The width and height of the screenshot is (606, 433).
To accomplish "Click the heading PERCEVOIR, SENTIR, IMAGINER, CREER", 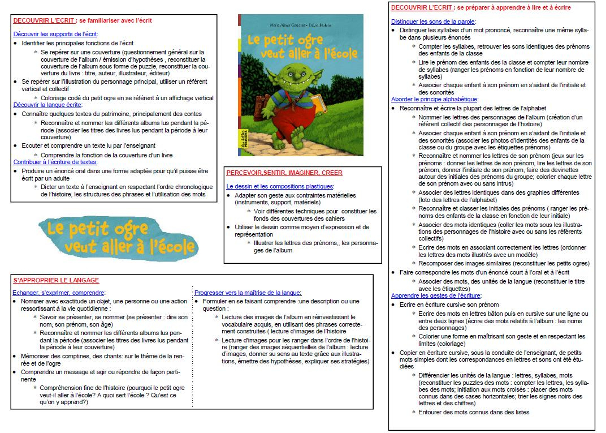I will pyautogui.click(x=284, y=173).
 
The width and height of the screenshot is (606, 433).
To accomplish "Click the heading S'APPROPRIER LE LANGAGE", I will pyautogui.click(x=56, y=281).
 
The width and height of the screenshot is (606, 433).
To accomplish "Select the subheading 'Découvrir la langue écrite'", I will pyautogui.click(x=48, y=105).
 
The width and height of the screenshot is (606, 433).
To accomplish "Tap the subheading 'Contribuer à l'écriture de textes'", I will pyautogui.click(x=55, y=162).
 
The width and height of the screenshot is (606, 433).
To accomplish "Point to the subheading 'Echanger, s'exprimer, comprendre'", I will pyautogui.click(x=58, y=293).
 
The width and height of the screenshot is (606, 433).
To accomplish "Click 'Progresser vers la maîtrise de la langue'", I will pyautogui.click(x=248, y=293).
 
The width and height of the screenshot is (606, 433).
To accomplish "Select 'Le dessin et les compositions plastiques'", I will pyautogui.click(x=280, y=186).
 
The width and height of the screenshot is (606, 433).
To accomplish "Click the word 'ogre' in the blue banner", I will pyautogui.click(x=130, y=229).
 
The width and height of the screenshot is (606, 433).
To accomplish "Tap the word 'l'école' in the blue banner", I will pyautogui.click(x=172, y=247).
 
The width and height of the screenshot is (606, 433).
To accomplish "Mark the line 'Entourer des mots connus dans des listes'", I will pyautogui.click(x=474, y=412).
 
